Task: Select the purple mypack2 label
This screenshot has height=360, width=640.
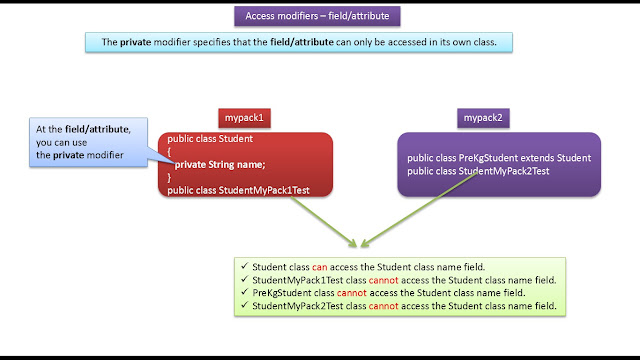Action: click(x=483, y=118)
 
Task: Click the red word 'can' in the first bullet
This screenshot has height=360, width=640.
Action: click(x=320, y=267)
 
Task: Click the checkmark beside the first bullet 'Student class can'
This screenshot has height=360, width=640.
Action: click(x=243, y=267)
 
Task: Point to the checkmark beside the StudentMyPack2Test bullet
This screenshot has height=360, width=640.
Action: click(x=243, y=305)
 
